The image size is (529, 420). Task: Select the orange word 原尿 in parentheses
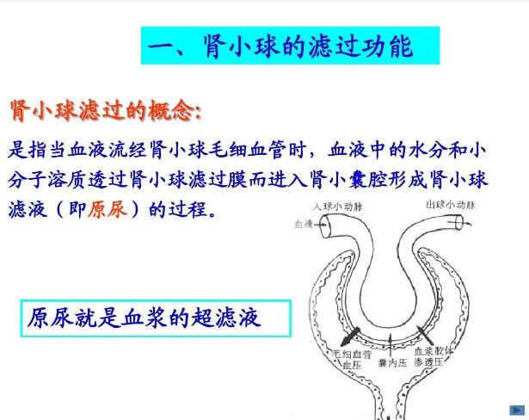[108, 209]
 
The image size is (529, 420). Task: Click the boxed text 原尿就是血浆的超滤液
[144, 318]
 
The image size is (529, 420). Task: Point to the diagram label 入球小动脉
[338, 207]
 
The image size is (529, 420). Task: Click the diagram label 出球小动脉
[451, 205]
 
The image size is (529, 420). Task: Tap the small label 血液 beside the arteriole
[304, 224]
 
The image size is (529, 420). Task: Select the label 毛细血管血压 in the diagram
[352, 359]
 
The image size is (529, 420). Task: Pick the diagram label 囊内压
[392, 363]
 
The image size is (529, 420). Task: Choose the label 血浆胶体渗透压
[434, 356]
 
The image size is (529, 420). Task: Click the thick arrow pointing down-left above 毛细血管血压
[350, 337]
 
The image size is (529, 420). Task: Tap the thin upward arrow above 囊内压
[391, 345]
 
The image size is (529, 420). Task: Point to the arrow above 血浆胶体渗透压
[424, 334]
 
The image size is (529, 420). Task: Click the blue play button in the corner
[517, 411]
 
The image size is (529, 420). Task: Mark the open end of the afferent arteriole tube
[325, 226]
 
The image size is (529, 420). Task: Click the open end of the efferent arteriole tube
[459, 223]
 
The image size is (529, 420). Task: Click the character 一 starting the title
[161, 47]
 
